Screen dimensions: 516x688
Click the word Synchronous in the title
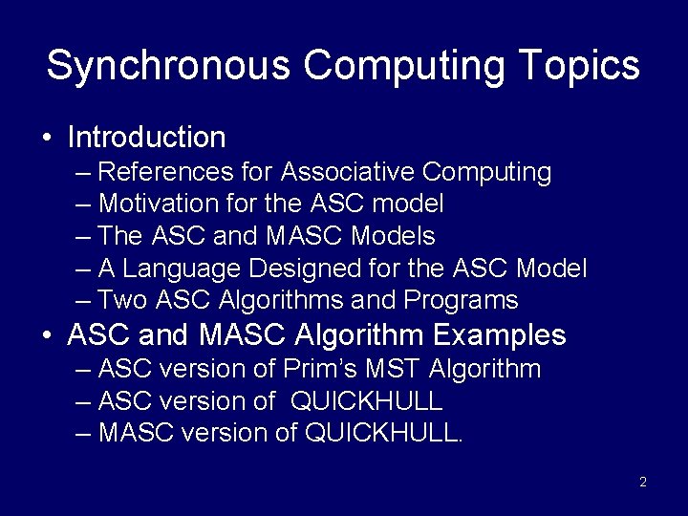[167, 66]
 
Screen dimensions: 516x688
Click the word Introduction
[146, 138]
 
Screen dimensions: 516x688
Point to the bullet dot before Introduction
[47, 139]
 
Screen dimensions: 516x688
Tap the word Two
[122, 300]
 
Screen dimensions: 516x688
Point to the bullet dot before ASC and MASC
[47, 336]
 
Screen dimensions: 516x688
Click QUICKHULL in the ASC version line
[367, 400]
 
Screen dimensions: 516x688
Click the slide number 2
[643, 482]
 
